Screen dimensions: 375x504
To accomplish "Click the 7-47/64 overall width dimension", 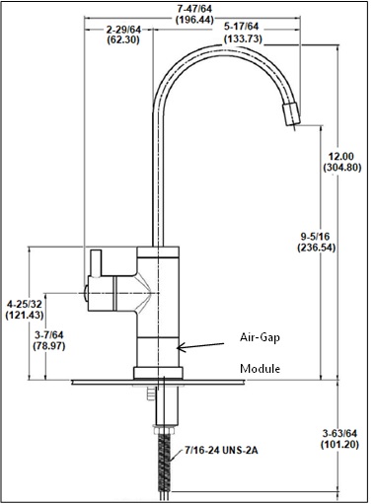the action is [x=194, y=8].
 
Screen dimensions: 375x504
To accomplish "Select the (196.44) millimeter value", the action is [x=194, y=20].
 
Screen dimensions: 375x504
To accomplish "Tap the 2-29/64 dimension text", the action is [x=123, y=30].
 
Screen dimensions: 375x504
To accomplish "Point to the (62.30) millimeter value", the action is [x=123, y=39].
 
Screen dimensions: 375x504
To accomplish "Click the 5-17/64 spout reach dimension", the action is [x=241, y=27].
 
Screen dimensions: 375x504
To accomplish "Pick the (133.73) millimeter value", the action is [x=243, y=38].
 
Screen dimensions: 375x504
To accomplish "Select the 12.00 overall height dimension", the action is [x=341, y=156].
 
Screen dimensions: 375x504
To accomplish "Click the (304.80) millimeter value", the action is [x=341, y=168].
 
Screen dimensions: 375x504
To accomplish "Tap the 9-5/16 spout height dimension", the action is [x=315, y=236].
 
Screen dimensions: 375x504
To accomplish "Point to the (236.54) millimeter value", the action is [x=316, y=248].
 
